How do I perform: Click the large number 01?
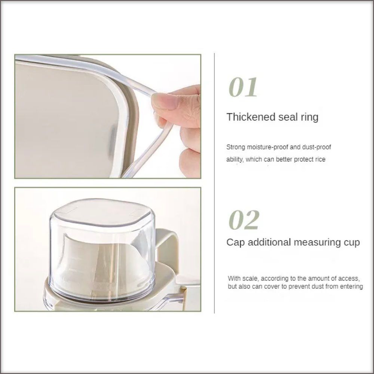[x=243, y=87]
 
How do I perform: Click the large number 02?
[x=244, y=220]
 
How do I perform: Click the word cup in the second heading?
[x=351, y=243]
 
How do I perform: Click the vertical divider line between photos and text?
[x=214, y=183]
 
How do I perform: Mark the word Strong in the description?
[x=236, y=147]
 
